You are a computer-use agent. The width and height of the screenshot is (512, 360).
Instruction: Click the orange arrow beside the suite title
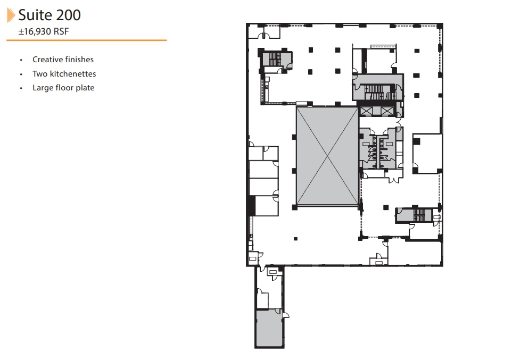11,15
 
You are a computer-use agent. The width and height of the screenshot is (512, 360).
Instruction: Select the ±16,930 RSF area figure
44,31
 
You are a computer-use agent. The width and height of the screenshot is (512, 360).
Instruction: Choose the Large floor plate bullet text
63,88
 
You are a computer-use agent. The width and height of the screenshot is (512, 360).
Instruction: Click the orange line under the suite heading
87,40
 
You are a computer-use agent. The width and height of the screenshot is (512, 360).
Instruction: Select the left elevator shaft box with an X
366,111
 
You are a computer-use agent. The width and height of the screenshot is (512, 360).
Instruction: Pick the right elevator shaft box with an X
385,111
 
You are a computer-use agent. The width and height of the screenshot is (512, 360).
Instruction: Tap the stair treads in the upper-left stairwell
275,58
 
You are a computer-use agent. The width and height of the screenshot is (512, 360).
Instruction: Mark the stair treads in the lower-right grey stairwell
420,214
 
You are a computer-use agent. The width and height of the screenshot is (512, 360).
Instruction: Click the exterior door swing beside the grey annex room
286,315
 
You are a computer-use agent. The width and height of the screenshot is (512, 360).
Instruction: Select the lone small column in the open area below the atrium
296,239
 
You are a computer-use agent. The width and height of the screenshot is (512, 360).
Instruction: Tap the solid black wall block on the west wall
251,206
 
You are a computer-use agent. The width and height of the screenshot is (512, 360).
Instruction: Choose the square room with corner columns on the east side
427,153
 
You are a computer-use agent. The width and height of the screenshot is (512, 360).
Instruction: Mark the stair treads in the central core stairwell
374,89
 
